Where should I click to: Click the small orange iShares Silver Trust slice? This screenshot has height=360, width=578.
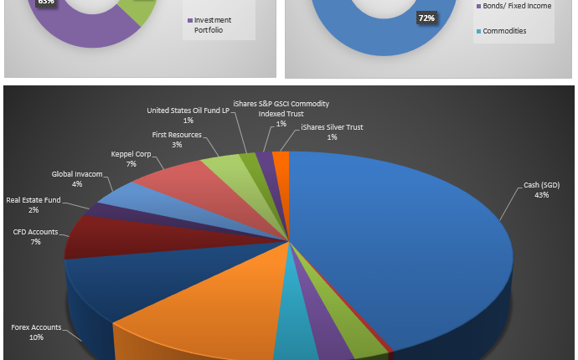[x=281, y=157]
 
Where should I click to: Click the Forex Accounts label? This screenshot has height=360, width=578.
[x=36, y=327]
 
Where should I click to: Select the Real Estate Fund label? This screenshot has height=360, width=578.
[x=33, y=200]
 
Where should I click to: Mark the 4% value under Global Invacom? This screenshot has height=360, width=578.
[x=77, y=183]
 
